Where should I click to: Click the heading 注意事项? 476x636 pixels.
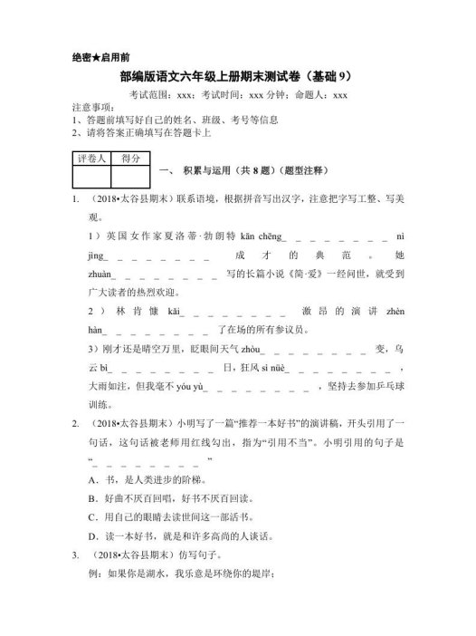tap(91, 107)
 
